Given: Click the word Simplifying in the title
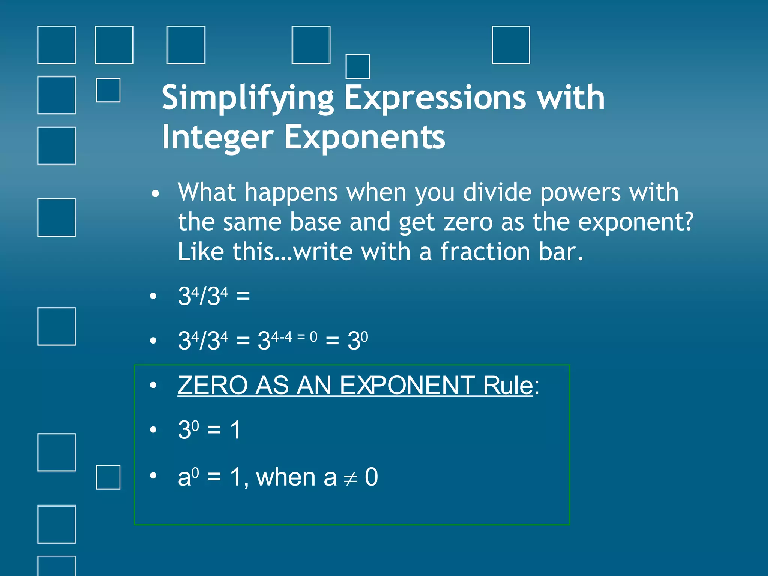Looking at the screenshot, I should click(x=247, y=98).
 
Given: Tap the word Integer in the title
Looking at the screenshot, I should click(x=217, y=138).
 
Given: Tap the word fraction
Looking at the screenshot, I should click(x=485, y=252).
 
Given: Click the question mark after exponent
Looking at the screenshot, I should click(x=688, y=222).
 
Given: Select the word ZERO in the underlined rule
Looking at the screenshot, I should click(x=212, y=385).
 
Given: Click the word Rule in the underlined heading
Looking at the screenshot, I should click(x=508, y=385).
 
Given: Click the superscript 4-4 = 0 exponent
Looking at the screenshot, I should click(x=294, y=337).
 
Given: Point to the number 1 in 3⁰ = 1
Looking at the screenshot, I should click(x=235, y=430).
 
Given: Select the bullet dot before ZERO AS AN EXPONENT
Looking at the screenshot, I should click(x=153, y=385).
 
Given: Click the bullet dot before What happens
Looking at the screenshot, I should click(x=155, y=194).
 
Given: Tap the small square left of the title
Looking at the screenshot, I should click(x=108, y=90).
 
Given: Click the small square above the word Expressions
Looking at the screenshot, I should click(x=357, y=66).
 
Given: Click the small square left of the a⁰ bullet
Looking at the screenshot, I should click(x=108, y=477).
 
